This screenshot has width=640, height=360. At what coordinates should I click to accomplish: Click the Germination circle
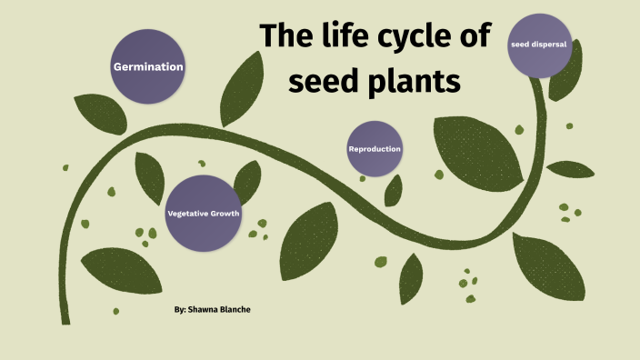[x=148, y=66]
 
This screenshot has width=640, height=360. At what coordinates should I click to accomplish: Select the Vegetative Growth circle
[x=203, y=213]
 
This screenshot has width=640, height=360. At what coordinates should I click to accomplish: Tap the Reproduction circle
[x=375, y=148]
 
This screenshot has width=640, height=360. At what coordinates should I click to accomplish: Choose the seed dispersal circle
[x=540, y=45]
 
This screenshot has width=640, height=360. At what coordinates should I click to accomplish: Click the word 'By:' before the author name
[x=180, y=310]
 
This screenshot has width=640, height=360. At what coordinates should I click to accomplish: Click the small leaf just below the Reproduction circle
[x=393, y=190]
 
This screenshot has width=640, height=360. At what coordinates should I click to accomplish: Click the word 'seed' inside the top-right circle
[x=521, y=42]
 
